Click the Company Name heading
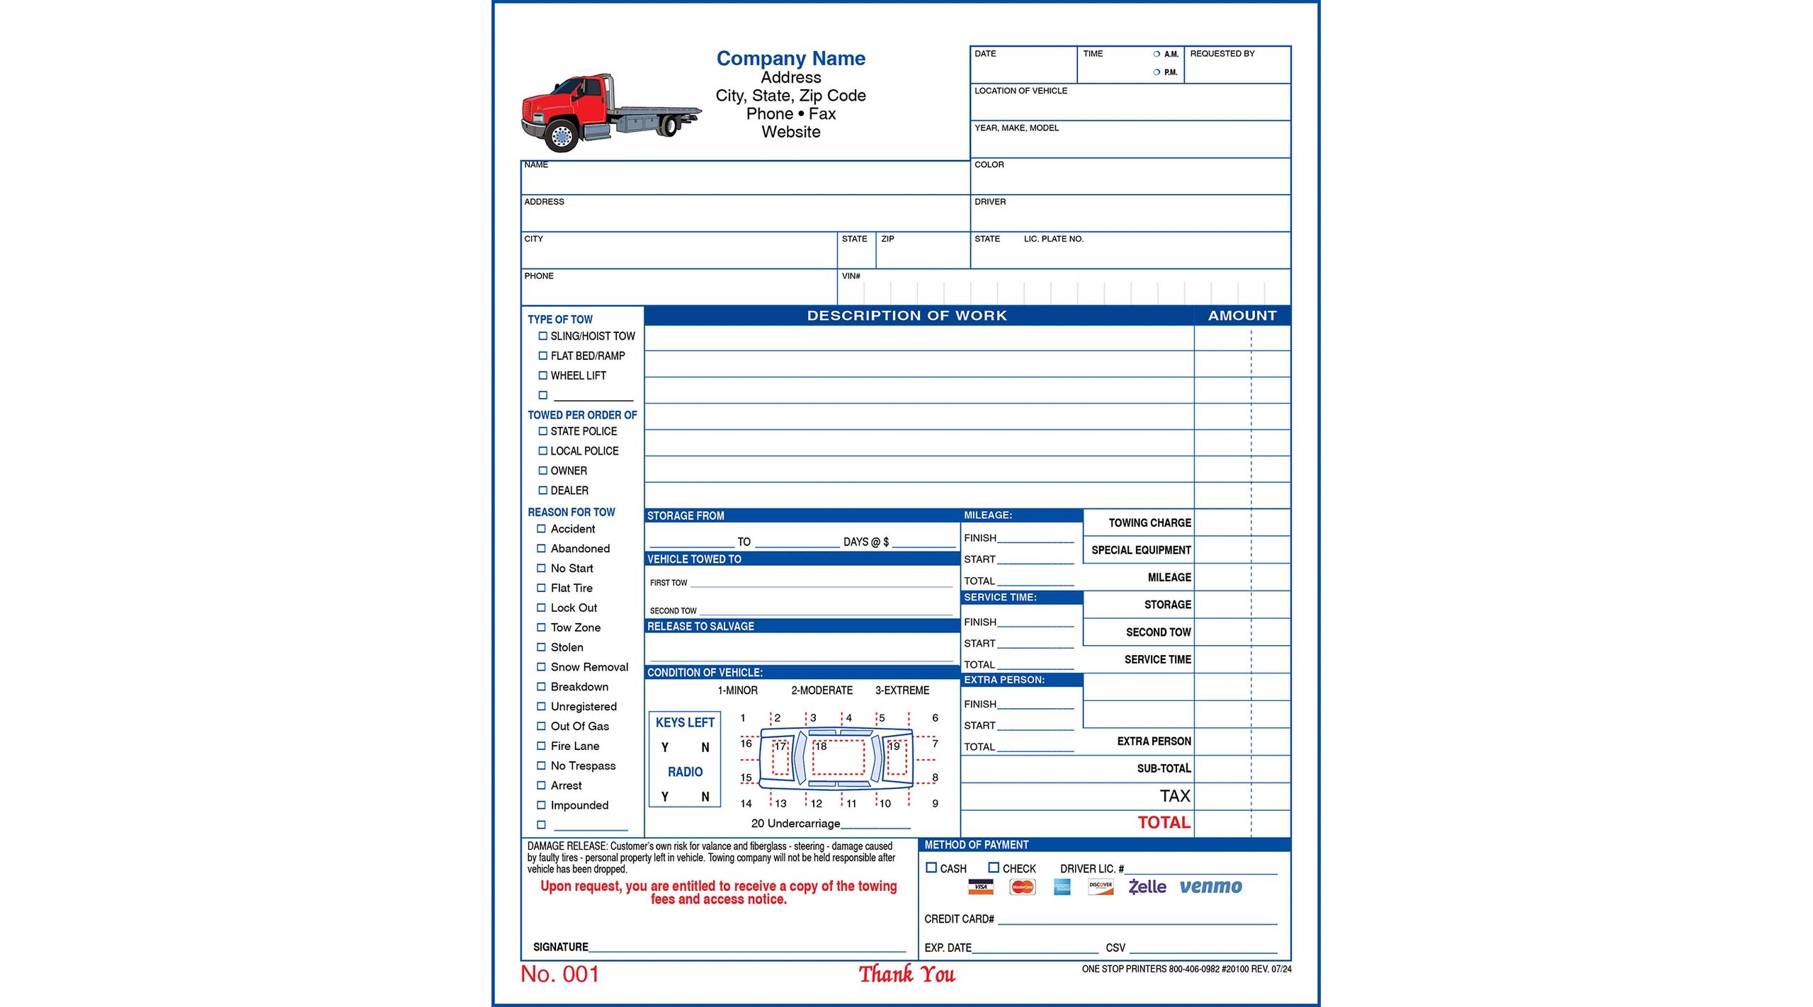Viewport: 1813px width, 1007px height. (790, 58)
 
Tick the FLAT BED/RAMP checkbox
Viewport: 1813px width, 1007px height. (542, 355)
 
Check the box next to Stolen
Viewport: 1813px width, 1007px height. (541, 647)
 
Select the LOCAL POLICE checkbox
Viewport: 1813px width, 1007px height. (542, 450)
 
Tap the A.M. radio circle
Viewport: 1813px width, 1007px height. (1156, 54)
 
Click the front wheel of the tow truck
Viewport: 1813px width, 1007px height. (562, 135)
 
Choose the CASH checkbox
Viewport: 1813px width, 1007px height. (931, 867)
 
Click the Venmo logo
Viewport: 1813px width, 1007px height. (1210, 887)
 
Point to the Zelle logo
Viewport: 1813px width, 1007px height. (1147, 887)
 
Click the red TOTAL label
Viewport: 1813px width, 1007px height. (1164, 822)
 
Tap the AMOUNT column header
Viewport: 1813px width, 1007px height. (1242, 316)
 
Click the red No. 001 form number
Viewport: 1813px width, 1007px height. (559, 974)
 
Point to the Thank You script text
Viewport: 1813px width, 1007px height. (906, 974)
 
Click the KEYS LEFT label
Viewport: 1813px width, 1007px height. (685, 722)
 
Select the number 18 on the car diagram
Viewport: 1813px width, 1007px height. (821, 746)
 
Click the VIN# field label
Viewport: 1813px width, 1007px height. (851, 276)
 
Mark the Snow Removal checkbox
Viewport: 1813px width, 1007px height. (541, 667)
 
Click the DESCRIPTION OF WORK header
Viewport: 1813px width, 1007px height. (906, 316)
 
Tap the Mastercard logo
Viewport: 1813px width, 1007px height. (1022, 887)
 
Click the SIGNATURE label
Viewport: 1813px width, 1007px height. (560, 947)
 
